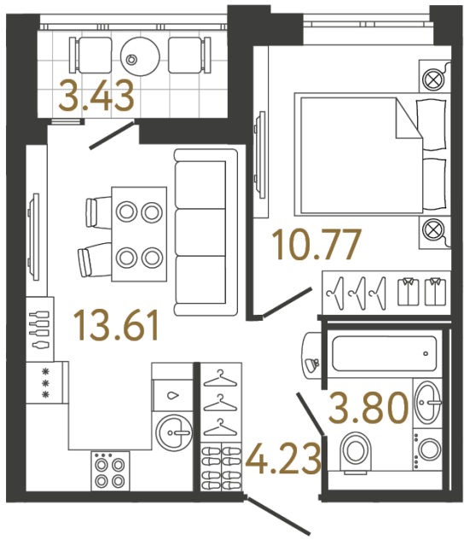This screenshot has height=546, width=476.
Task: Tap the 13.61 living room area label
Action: [117, 325]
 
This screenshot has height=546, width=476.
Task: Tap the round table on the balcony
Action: [136, 56]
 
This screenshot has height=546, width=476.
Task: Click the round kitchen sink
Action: [177, 433]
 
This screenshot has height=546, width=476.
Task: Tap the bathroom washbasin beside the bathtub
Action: [429, 398]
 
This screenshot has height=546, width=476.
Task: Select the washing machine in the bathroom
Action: [429, 449]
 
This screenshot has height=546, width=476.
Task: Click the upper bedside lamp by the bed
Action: [432, 78]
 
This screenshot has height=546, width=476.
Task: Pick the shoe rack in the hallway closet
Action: [221, 467]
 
